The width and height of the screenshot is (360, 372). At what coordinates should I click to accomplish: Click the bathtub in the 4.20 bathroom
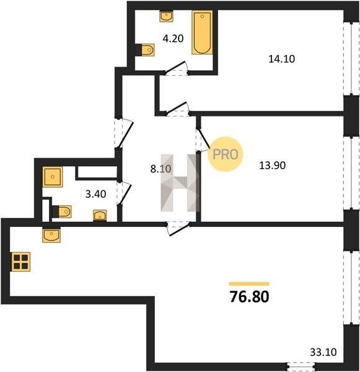tap(202, 32)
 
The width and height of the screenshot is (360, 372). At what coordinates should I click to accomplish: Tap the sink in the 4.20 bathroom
tap(166, 16)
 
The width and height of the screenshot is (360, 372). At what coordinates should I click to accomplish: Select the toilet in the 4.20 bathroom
tap(146, 50)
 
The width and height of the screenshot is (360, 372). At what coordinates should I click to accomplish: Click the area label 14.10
tap(281, 59)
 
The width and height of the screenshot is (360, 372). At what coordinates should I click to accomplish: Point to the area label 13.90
tap(272, 166)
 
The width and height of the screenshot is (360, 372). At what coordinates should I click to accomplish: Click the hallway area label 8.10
tap(160, 169)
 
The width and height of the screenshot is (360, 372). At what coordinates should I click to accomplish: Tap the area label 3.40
tap(95, 194)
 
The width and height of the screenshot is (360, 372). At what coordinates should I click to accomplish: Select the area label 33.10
tap(323, 352)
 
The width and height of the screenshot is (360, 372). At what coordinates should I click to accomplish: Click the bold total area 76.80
tap(250, 297)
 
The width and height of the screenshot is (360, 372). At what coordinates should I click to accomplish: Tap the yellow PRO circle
tap(226, 154)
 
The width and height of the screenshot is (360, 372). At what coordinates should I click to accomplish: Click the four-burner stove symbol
tap(20, 262)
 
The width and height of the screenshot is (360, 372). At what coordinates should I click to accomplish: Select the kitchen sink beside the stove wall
tap(51, 235)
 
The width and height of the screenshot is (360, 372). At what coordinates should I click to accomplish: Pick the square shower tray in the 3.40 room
tap(53, 177)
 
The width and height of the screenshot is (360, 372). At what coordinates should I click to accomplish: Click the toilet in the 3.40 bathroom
tap(62, 211)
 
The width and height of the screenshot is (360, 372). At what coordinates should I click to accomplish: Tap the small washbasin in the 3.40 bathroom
tap(100, 215)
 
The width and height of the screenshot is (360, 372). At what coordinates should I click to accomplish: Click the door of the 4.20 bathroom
tap(176, 68)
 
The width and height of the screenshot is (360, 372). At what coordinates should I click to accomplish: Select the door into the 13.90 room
tap(202, 140)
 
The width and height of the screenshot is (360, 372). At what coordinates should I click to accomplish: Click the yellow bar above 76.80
tap(249, 284)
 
